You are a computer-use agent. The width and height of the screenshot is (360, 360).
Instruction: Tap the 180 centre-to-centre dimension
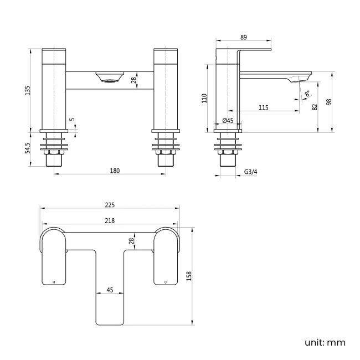(115, 171)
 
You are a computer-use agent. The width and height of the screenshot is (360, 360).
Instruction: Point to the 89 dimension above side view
(244, 37)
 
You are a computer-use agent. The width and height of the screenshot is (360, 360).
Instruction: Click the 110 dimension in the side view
(204, 99)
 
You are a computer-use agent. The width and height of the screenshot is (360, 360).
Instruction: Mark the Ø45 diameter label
(228, 121)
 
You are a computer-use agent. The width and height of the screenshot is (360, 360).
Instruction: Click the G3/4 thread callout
(251, 172)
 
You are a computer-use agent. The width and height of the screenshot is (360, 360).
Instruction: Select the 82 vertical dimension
(315, 106)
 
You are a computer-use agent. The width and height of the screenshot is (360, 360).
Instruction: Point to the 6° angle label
(307, 94)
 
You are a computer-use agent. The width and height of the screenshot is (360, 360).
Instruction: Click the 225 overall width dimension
(109, 205)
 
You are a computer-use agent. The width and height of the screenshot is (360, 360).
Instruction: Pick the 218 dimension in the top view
(109, 221)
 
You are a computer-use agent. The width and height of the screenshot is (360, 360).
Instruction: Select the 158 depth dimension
(188, 276)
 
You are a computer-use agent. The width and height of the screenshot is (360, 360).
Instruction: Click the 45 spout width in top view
(110, 290)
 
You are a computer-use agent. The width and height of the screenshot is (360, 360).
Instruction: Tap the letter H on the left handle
(54, 282)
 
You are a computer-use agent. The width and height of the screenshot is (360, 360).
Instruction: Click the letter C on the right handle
(165, 282)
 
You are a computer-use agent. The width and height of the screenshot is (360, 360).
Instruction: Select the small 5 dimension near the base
(71, 120)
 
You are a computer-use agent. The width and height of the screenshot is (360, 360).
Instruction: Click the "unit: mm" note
(325, 342)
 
